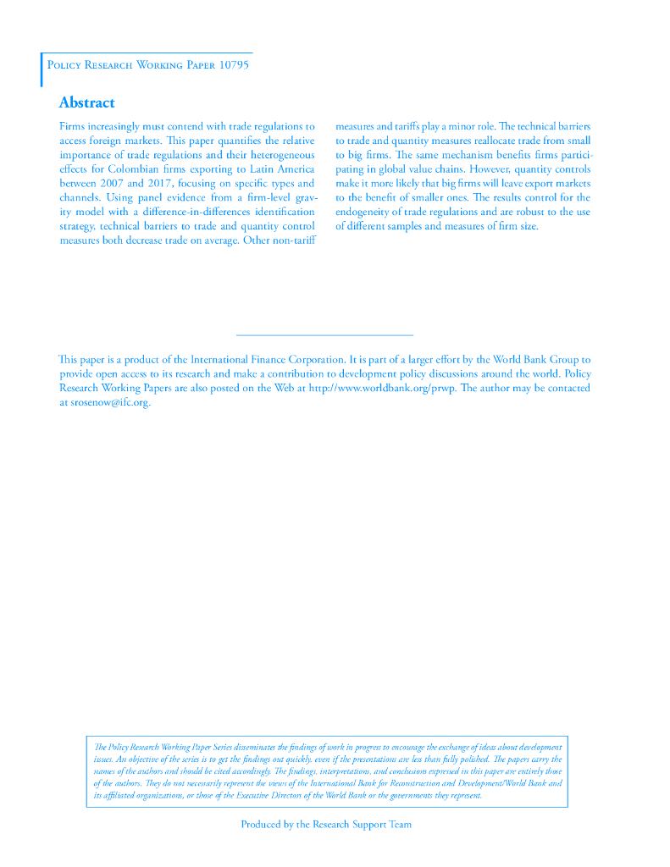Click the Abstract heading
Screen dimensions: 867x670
coord(86,102)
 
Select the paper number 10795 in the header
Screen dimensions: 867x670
coord(234,65)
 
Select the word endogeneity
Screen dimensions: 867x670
coord(365,212)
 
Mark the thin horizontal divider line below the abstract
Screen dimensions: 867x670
coord(324,335)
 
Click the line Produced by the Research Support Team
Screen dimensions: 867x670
coord(326,824)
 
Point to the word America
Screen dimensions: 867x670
coord(290,168)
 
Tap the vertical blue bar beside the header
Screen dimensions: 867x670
coord(42,69)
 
